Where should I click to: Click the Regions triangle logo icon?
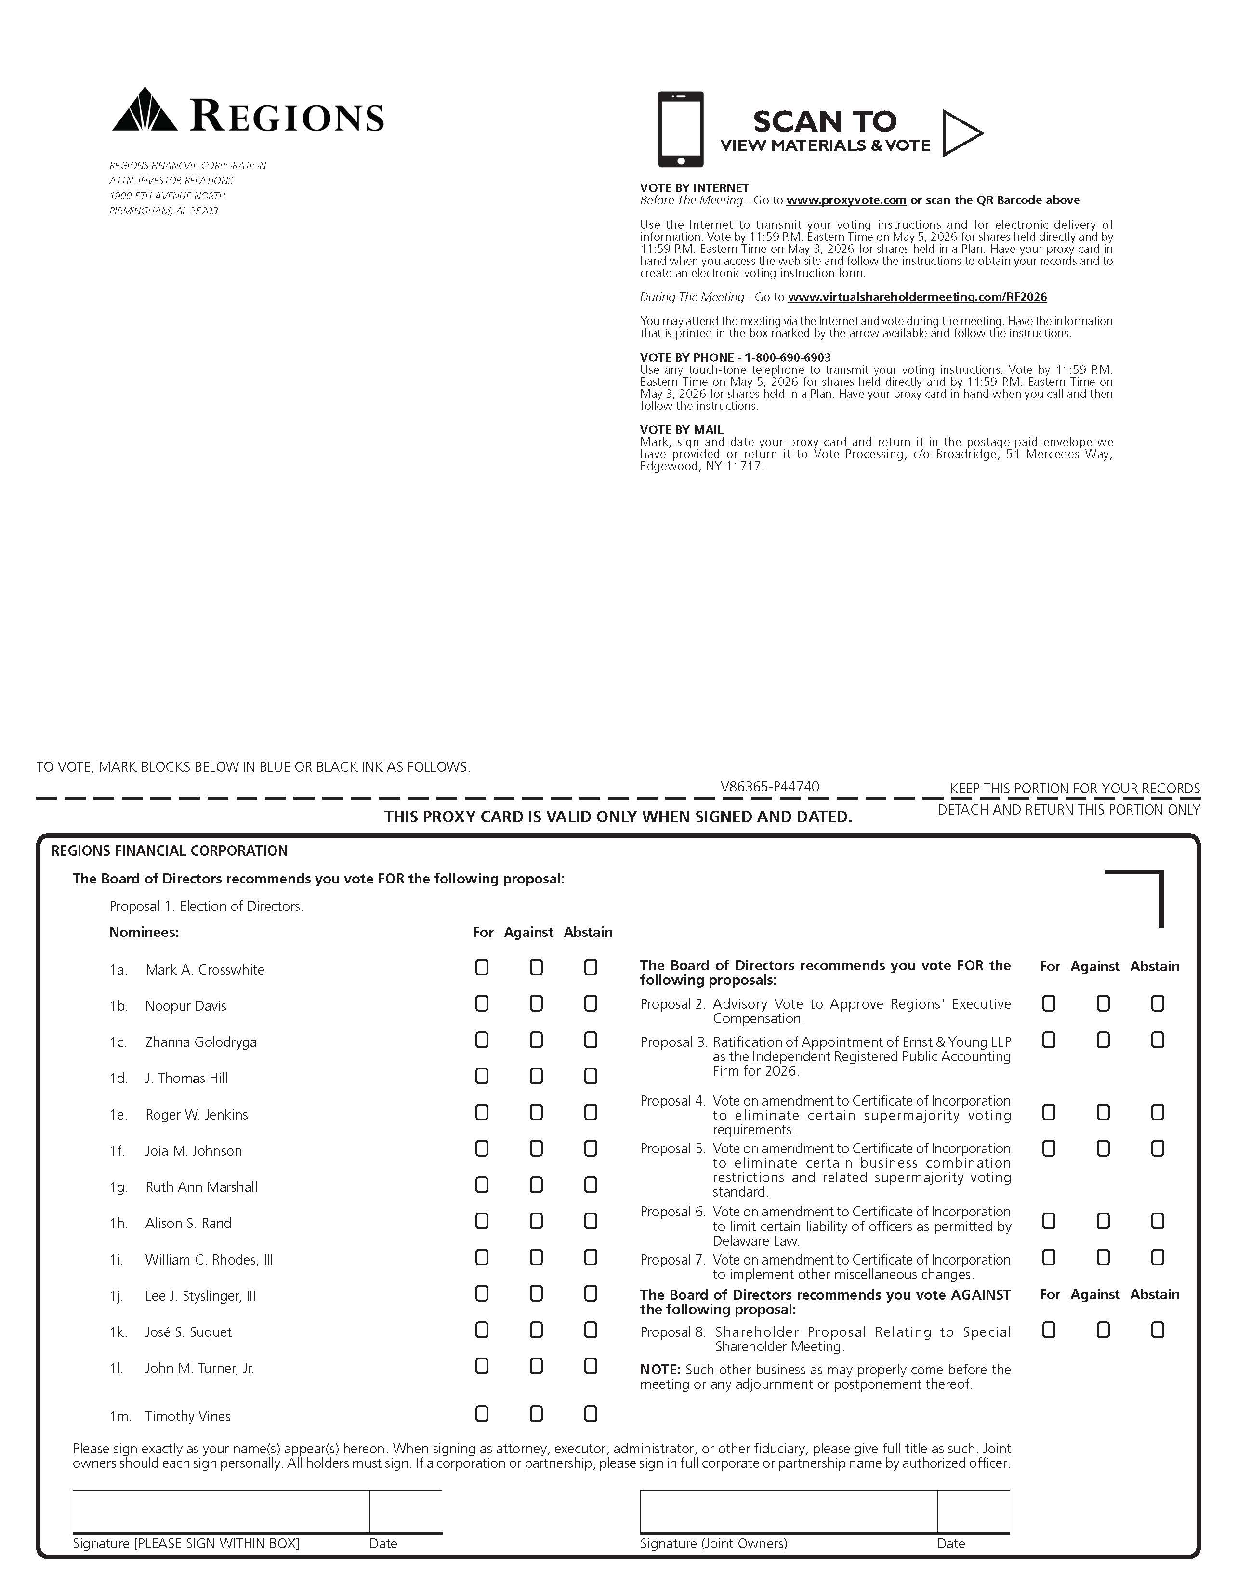click(145, 110)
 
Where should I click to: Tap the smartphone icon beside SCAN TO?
click(681, 129)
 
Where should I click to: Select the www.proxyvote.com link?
click(846, 200)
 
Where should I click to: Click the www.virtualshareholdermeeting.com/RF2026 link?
click(917, 297)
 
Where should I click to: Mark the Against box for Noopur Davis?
click(536, 1004)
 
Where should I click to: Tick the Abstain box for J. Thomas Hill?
click(591, 1077)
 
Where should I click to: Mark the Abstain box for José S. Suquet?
click(591, 1330)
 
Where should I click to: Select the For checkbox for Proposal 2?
click(1049, 1004)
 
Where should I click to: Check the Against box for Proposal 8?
click(1104, 1331)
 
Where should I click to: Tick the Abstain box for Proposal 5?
click(1158, 1149)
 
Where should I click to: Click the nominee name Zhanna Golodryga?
click(201, 1042)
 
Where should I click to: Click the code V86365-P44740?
click(770, 787)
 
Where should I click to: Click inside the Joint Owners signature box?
click(789, 1511)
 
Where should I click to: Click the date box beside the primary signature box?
click(405, 1511)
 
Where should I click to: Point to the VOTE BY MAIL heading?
click(681, 430)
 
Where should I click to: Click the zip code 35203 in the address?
click(204, 211)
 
